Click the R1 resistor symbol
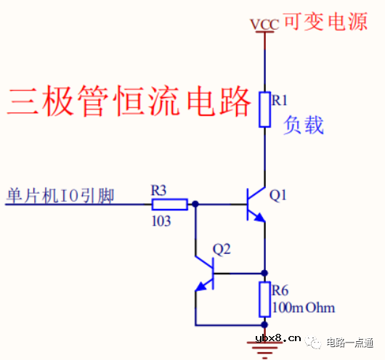click(264, 109)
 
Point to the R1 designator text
click(280, 99)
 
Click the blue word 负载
click(304, 125)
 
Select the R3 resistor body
click(178, 205)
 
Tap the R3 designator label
click(159, 190)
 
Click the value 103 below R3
click(161, 221)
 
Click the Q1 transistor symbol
click(256, 205)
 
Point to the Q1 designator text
click(278, 195)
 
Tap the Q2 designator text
click(222, 249)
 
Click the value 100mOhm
click(303, 308)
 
